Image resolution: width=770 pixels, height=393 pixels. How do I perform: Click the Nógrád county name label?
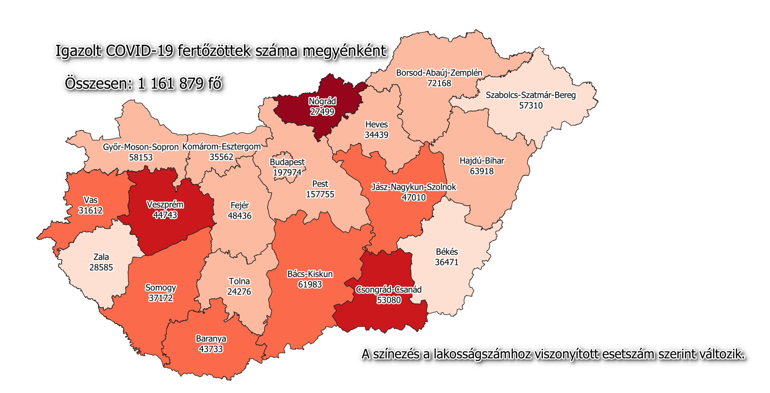(322, 101)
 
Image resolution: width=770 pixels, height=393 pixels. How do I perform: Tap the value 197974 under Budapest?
(287, 172)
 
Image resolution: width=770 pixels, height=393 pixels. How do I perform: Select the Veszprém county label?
(165, 204)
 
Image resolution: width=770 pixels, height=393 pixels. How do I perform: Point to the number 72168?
(439, 83)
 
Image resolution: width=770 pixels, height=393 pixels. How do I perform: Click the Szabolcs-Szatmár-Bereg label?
(530, 95)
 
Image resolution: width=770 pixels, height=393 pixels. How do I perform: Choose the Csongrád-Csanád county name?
(389, 290)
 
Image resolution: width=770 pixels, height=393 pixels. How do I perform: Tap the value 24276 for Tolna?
(239, 292)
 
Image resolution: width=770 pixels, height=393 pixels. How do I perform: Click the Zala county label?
(101, 257)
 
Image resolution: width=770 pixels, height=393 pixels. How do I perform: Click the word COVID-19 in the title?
(139, 51)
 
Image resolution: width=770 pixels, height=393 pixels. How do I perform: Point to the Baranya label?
(211, 339)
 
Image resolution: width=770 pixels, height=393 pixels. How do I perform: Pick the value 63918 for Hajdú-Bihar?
(481, 171)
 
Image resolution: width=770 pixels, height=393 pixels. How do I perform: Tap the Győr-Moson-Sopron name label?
(140, 147)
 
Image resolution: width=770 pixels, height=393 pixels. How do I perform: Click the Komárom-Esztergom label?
(221, 147)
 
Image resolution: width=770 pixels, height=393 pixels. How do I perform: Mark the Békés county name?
(447, 252)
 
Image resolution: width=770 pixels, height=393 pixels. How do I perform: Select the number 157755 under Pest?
(320, 194)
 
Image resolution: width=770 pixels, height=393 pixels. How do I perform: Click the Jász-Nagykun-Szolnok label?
(413, 187)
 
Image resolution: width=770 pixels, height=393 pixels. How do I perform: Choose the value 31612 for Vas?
(90, 211)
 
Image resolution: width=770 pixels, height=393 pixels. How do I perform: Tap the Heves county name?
(376, 124)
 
